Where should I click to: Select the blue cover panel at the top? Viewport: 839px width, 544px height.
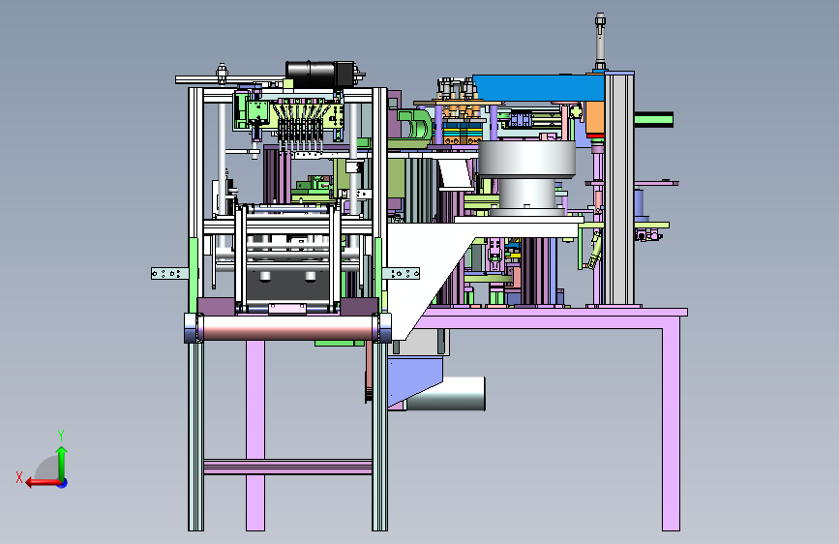tap(539, 87)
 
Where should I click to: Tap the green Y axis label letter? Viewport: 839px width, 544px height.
tap(61, 435)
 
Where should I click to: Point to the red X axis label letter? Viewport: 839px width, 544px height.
tap(19, 477)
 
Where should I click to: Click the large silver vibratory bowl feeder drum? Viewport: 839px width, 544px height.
tap(526, 177)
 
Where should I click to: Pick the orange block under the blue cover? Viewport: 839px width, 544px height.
tap(594, 118)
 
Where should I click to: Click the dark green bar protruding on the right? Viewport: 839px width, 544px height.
tap(653, 120)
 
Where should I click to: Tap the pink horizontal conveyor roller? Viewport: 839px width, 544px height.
tap(287, 328)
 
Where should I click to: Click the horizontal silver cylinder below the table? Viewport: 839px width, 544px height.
tap(446, 394)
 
